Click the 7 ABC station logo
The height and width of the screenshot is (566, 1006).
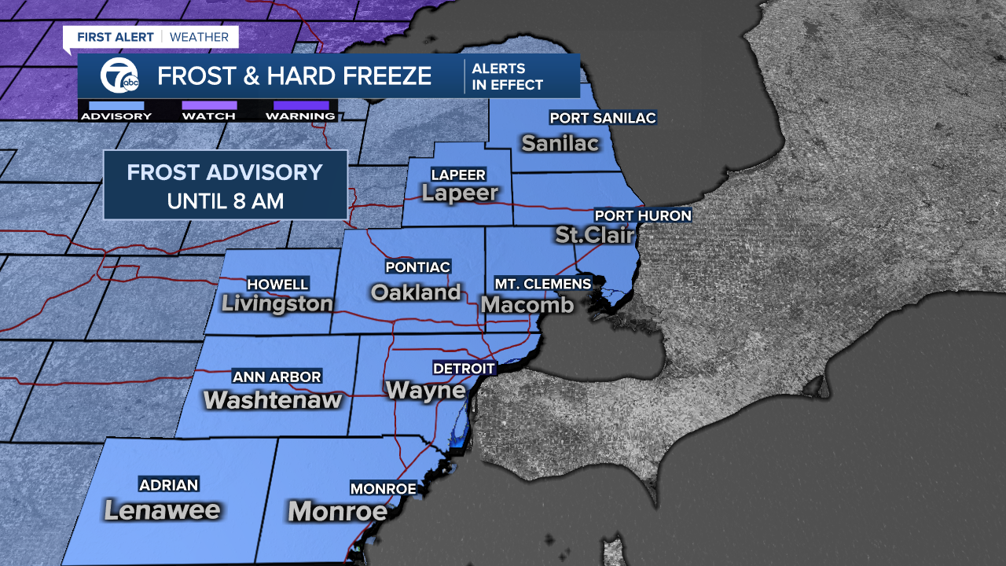coord(120,77)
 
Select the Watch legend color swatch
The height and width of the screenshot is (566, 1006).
coord(209,105)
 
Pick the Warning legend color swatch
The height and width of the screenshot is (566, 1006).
coord(300,105)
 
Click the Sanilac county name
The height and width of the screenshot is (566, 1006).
coord(560,143)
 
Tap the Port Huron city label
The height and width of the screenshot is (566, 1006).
coord(643,215)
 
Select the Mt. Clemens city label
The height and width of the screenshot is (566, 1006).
coord(542,283)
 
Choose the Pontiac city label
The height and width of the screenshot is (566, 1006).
coord(417,267)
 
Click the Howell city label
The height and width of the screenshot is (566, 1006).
coord(277,284)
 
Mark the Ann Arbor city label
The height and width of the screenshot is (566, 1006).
coord(277,377)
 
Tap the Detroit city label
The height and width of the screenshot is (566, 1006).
coord(464,368)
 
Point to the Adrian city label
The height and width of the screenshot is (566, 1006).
coord(168,485)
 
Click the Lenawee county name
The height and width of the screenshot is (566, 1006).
coord(162,510)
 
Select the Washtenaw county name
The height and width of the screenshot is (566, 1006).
coord(272,399)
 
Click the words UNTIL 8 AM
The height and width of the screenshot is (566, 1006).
coord(225,200)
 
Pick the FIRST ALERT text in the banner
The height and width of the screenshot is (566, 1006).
coord(115,36)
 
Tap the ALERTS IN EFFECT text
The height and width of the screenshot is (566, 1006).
coord(507,77)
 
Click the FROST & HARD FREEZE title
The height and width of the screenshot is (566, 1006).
coord(294,76)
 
